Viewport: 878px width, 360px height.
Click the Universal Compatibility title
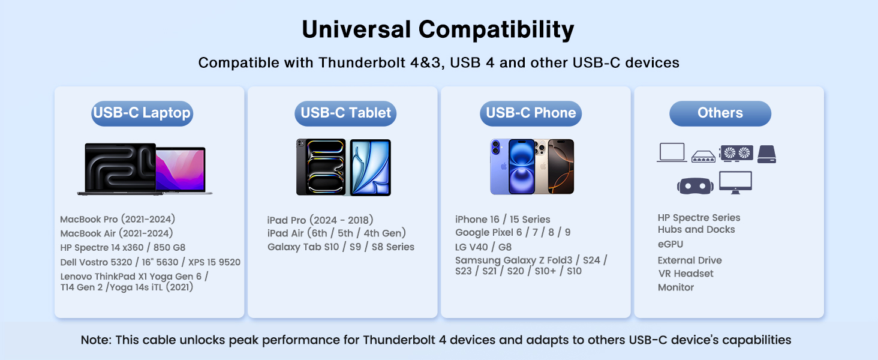[438, 29]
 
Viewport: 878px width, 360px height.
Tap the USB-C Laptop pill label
[142, 113]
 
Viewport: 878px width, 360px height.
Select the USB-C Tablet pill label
[345, 113]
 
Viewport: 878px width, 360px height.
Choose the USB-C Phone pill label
[531, 113]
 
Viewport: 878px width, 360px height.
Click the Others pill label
[720, 113]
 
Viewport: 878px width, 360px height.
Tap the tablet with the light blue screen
[370, 167]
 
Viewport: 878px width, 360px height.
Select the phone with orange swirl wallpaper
[561, 166]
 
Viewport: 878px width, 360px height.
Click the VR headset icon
[695, 185]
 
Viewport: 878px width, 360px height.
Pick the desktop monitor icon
[735, 182]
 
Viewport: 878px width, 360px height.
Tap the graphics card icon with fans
[736, 154]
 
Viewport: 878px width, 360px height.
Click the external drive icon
[766, 154]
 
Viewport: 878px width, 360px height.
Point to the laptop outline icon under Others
[672, 153]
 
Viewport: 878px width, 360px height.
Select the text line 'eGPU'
[670, 244]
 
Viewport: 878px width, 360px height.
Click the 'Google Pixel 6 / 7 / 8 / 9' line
[513, 232]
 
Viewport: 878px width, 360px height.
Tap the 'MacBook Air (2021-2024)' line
[116, 233]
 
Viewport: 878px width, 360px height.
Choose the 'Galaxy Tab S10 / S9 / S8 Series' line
[341, 247]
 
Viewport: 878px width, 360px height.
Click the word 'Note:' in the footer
[96, 340]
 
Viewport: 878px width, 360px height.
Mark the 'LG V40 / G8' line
[483, 247]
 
